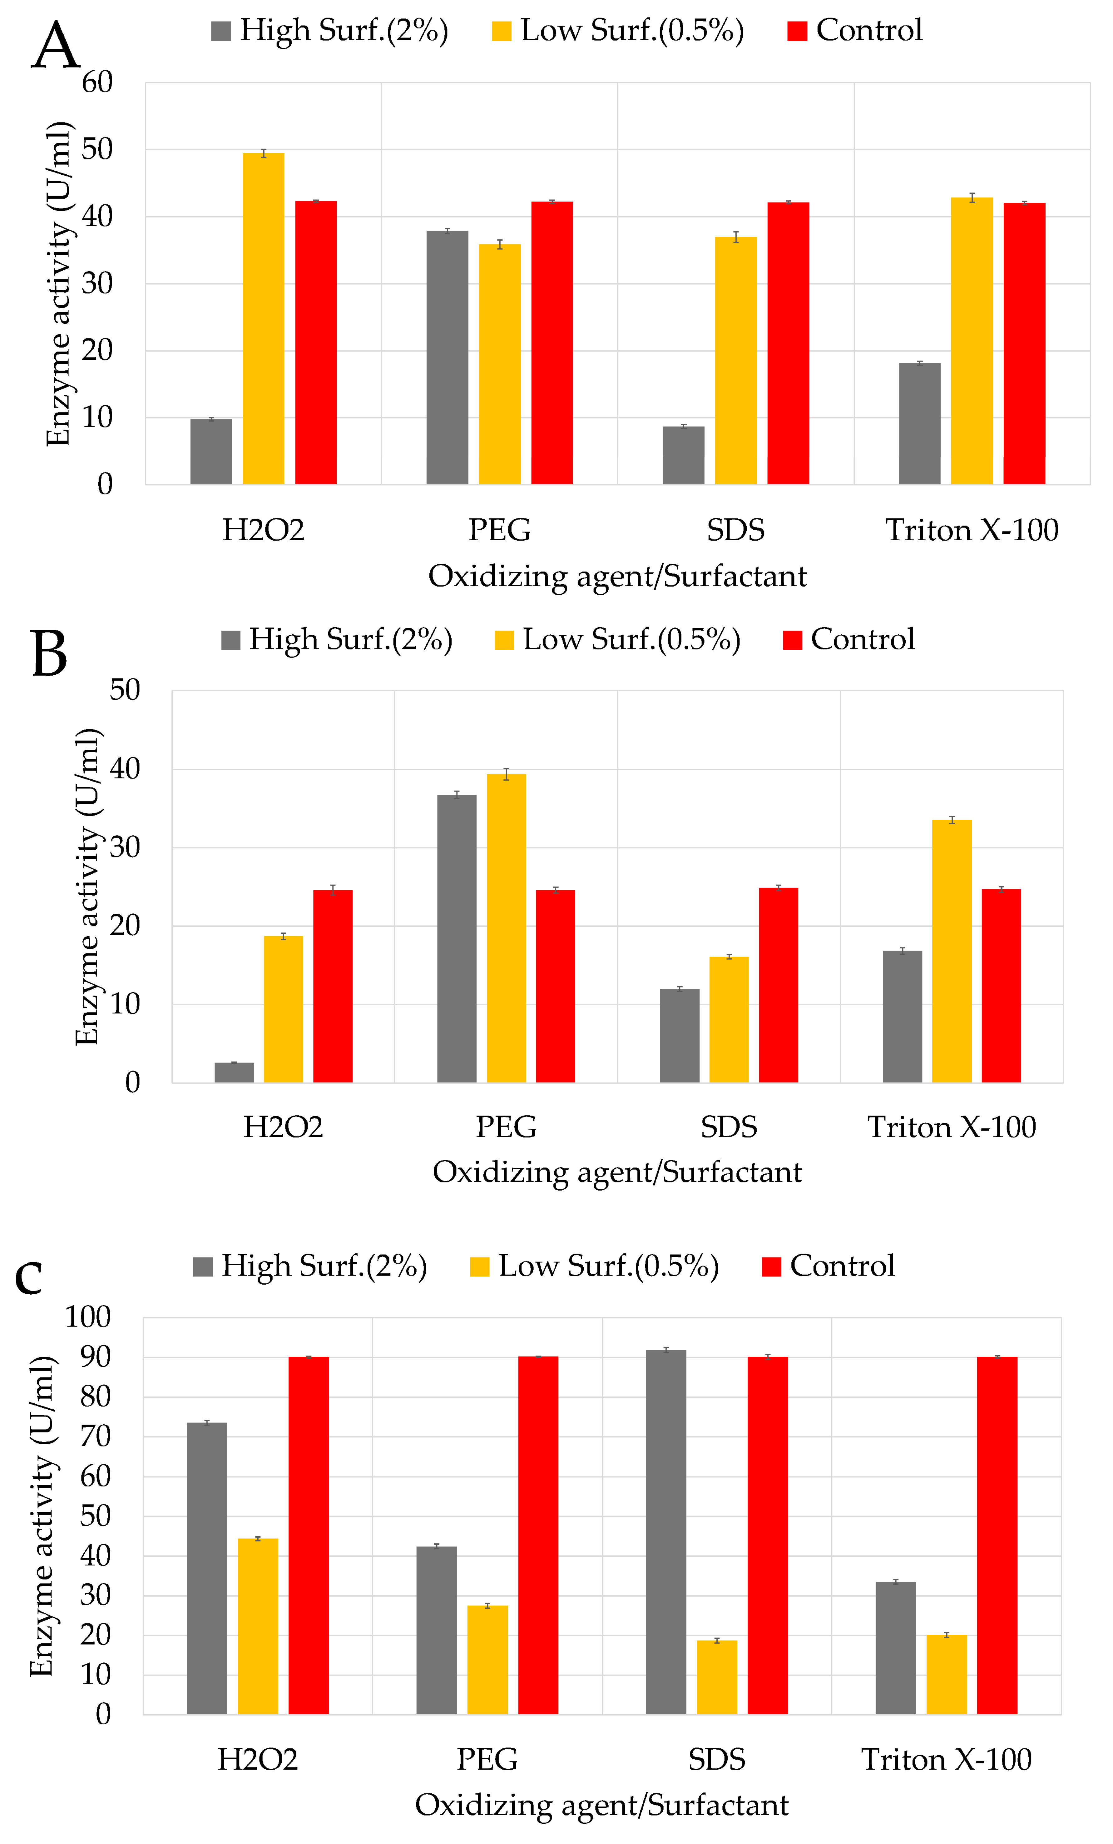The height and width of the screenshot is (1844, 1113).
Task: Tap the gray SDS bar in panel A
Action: [683, 455]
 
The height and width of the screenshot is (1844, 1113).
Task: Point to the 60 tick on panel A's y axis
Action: [97, 82]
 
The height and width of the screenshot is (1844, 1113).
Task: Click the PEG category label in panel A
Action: [500, 530]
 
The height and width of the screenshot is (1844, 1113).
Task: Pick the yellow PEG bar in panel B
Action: [507, 928]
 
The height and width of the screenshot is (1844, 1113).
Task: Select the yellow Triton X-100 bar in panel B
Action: [952, 951]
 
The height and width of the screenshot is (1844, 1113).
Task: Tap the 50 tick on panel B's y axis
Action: [124, 690]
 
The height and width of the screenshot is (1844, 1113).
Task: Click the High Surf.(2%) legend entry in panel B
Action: [337, 640]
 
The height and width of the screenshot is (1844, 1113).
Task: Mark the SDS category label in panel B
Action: [729, 1127]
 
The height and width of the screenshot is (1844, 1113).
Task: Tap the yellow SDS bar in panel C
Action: [717, 1677]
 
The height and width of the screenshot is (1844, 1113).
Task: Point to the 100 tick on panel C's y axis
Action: [88, 1317]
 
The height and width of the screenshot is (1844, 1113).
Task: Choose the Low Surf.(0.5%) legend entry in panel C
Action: [595, 1266]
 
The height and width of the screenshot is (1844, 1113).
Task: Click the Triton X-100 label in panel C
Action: [946, 1759]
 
